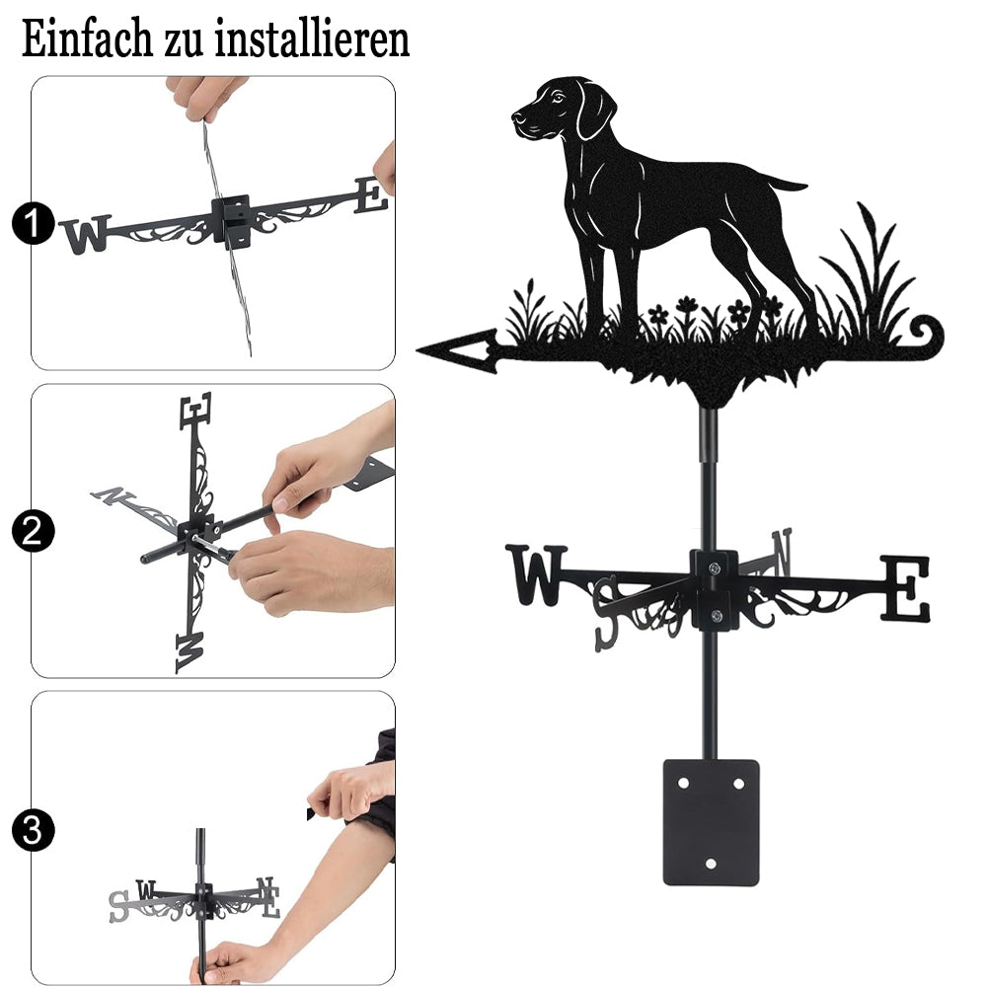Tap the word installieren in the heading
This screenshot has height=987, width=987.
(312, 38)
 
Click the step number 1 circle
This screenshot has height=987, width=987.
(33, 223)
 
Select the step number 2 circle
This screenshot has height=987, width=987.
(33, 531)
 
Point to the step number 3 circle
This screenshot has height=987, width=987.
(33, 831)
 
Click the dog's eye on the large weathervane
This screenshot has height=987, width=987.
(557, 97)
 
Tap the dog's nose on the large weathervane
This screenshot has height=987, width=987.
(517, 116)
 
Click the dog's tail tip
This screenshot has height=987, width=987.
(804, 186)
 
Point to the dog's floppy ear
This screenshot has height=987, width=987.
(595, 111)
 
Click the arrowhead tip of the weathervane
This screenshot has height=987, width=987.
(418, 348)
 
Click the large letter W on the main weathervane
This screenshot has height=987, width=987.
(536, 574)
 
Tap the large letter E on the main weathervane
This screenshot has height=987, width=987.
(904, 588)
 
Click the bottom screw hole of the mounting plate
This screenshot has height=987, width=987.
(711, 864)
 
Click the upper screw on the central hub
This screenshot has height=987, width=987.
(714, 569)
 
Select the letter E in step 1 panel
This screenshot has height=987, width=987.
(371, 194)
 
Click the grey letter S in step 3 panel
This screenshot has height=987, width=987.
(117, 907)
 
